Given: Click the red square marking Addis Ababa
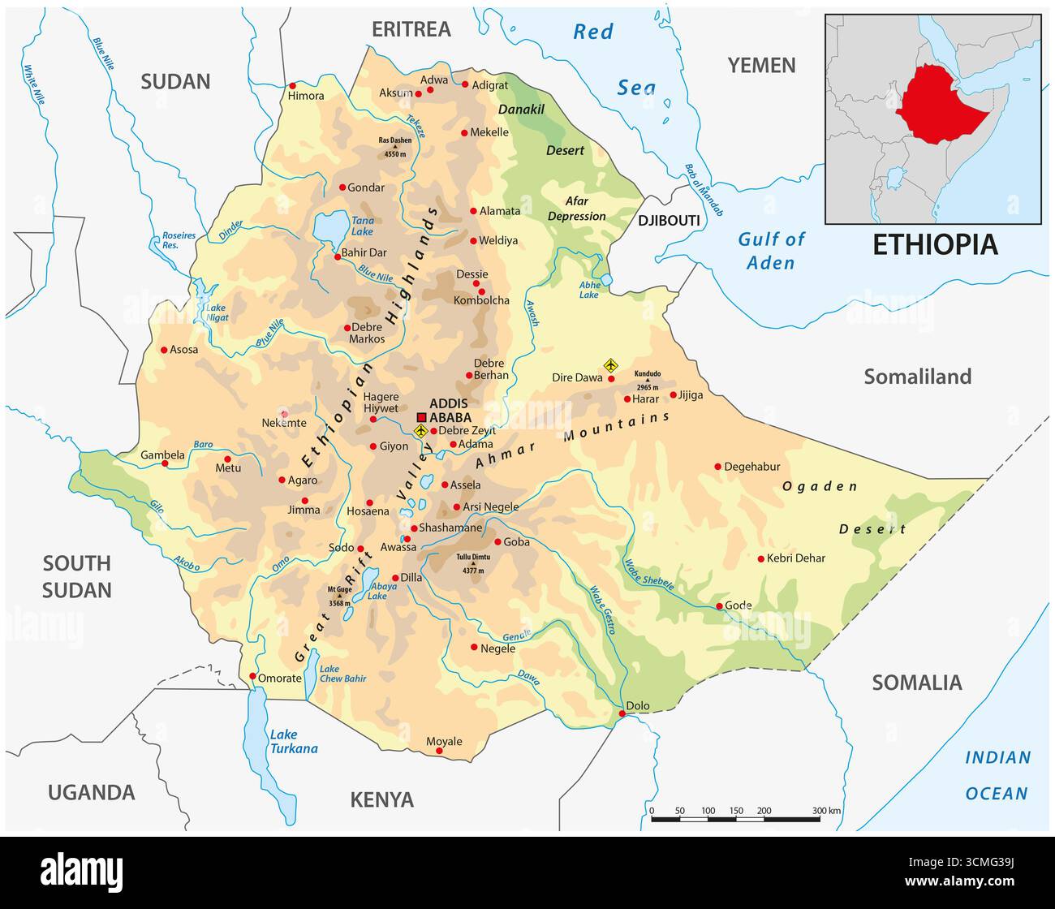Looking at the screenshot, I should (x=421, y=417).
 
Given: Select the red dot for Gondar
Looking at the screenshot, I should (x=342, y=187).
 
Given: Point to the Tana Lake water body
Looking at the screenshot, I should (x=329, y=228).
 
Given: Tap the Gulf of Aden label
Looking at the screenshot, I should (x=771, y=251).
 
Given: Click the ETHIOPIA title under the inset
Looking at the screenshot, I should (x=934, y=244).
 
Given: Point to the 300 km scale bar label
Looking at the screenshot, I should (x=828, y=810).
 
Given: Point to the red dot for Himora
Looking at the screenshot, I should (x=293, y=85).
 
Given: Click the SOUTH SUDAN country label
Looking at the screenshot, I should (x=76, y=576).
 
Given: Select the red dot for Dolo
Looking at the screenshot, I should (x=622, y=713).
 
